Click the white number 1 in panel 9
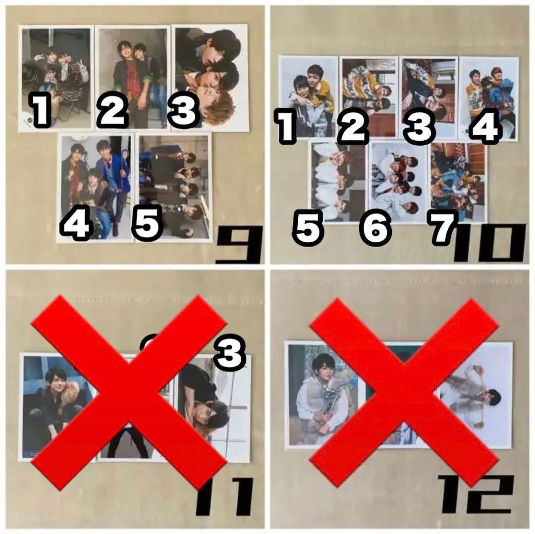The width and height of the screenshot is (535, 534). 42,110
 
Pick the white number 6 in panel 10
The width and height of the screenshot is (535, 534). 375,229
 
